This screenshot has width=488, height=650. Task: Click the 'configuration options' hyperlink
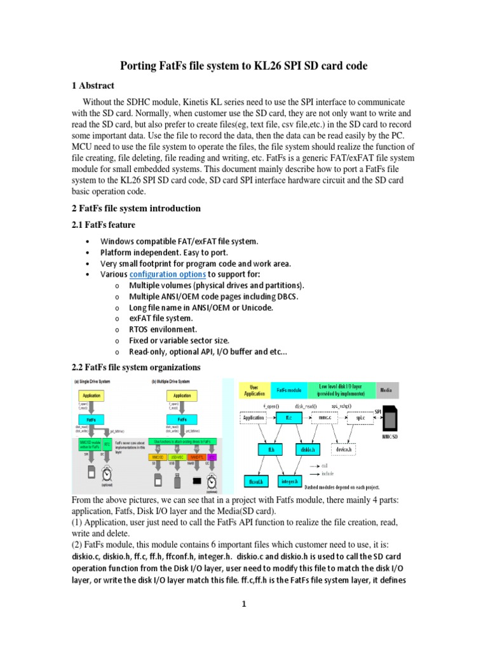(168, 274)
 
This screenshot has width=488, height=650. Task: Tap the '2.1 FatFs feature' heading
(102, 225)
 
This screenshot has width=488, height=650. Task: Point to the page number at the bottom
(243, 604)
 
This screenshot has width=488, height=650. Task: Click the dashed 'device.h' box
(344, 449)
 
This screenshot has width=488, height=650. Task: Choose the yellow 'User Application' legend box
(254, 390)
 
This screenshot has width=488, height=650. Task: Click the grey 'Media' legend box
(386, 390)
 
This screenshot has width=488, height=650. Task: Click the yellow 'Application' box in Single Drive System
(92, 395)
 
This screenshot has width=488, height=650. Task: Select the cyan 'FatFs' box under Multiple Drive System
(182, 420)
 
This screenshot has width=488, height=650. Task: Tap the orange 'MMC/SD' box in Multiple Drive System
(159, 456)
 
